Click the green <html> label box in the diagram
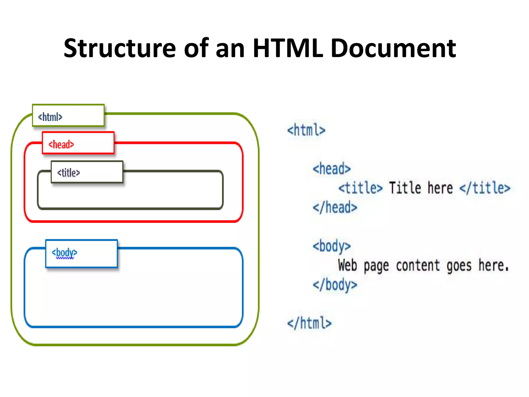pyautogui.click(x=68, y=116)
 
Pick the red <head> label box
pyautogui.click(x=78, y=143)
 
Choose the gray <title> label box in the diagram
pyautogui.click(x=87, y=172)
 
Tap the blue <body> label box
pyautogui.click(x=81, y=254)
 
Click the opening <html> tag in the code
pyautogui.click(x=306, y=130)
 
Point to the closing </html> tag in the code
pyautogui.click(x=309, y=323)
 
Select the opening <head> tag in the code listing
pyautogui.click(x=332, y=169)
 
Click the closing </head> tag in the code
pyautogui.click(x=335, y=208)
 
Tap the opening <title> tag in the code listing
pyautogui.click(x=360, y=188)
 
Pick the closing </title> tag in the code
pyautogui.click(x=485, y=188)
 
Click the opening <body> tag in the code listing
pyautogui.click(x=332, y=246)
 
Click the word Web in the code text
pyautogui.click(x=347, y=265)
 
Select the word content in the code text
pyautogui.click(x=418, y=265)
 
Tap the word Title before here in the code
pyautogui.click(x=405, y=188)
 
